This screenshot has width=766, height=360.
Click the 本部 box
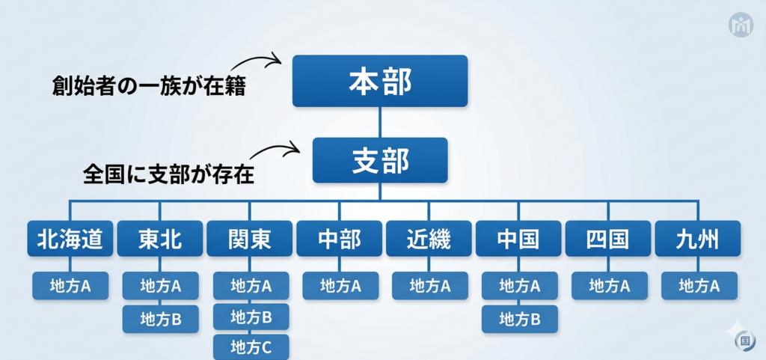tap(380, 81)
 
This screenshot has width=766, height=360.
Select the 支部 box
tap(380, 160)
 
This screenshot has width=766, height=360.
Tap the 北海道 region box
tap(70, 238)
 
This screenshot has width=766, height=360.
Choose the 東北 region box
tap(160, 238)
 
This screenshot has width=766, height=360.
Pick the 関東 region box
tap(250, 238)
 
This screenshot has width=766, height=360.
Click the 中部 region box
tap(340, 238)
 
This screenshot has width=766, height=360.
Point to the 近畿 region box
tap(429, 238)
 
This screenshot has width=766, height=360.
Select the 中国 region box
tap(519, 238)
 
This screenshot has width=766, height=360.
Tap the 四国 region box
tap(608, 238)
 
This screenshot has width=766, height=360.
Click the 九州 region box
tap(698, 238)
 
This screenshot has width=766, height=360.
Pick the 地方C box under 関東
tap(251, 347)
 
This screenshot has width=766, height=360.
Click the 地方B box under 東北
tap(161, 319)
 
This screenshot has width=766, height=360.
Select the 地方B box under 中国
tap(520, 319)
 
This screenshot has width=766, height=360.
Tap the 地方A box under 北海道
tap(70, 286)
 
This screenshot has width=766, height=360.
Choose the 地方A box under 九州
tap(699, 286)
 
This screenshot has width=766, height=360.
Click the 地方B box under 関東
tap(251, 317)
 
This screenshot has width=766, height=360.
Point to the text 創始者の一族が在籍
tap(149, 87)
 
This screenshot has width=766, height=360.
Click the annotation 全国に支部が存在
tap(169, 175)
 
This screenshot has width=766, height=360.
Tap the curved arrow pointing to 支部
tap(275, 148)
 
